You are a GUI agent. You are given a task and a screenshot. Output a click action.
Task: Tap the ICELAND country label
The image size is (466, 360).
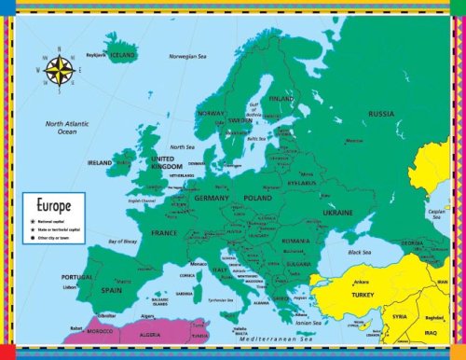pyautogui.click(x=122, y=55)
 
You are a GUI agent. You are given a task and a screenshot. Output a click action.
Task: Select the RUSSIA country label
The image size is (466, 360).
pyautogui.click(x=380, y=114)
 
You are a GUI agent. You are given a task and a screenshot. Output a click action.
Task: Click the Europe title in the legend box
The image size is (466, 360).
pyautogui.click(x=54, y=201)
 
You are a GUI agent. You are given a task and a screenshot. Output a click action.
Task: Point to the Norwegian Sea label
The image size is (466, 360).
pyautogui.click(x=186, y=56)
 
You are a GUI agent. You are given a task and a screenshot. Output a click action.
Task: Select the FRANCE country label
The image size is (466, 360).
pyautogui.click(x=164, y=232)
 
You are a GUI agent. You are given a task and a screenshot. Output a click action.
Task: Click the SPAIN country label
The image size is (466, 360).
pyautogui.click(x=113, y=292)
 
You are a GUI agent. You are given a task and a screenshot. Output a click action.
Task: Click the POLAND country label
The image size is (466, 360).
pyautogui.click(x=257, y=198)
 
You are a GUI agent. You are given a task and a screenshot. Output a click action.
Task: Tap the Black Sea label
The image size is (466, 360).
pyautogui.click(x=360, y=253)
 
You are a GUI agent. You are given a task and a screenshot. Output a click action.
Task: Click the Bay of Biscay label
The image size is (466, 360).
pyautogui.click(x=122, y=242)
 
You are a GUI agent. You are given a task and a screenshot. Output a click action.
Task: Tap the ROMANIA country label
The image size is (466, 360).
pyautogui.click(x=295, y=241)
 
